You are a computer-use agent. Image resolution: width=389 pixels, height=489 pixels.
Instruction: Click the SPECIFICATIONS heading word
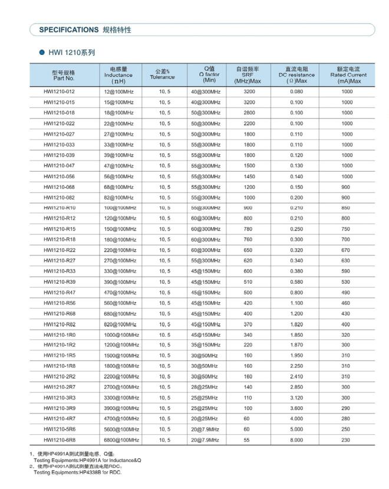(68, 29)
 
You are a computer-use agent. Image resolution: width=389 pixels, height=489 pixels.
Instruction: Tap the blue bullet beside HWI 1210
(42, 52)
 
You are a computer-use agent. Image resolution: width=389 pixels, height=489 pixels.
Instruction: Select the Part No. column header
(64, 74)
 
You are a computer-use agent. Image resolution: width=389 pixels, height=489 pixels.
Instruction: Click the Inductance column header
(118, 74)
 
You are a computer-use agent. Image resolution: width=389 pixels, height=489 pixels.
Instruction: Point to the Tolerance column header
(162, 74)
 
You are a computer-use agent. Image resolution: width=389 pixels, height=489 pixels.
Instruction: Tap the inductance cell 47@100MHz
(118, 166)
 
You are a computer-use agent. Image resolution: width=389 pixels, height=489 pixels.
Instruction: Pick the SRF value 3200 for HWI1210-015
(249, 103)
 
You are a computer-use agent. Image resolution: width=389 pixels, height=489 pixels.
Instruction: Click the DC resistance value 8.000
(296, 440)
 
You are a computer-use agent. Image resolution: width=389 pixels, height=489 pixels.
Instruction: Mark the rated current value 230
(345, 440)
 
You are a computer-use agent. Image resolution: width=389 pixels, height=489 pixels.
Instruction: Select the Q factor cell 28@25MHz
(204, 388)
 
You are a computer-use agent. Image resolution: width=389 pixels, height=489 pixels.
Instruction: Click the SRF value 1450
(249, 177)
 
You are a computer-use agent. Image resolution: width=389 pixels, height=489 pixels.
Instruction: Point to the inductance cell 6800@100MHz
(121, 440)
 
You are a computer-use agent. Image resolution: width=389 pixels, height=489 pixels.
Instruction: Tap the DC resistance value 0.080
(296, 92)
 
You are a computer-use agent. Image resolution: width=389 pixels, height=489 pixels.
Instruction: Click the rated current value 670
(345, 250)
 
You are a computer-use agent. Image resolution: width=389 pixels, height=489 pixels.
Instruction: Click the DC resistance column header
(296, 74)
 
